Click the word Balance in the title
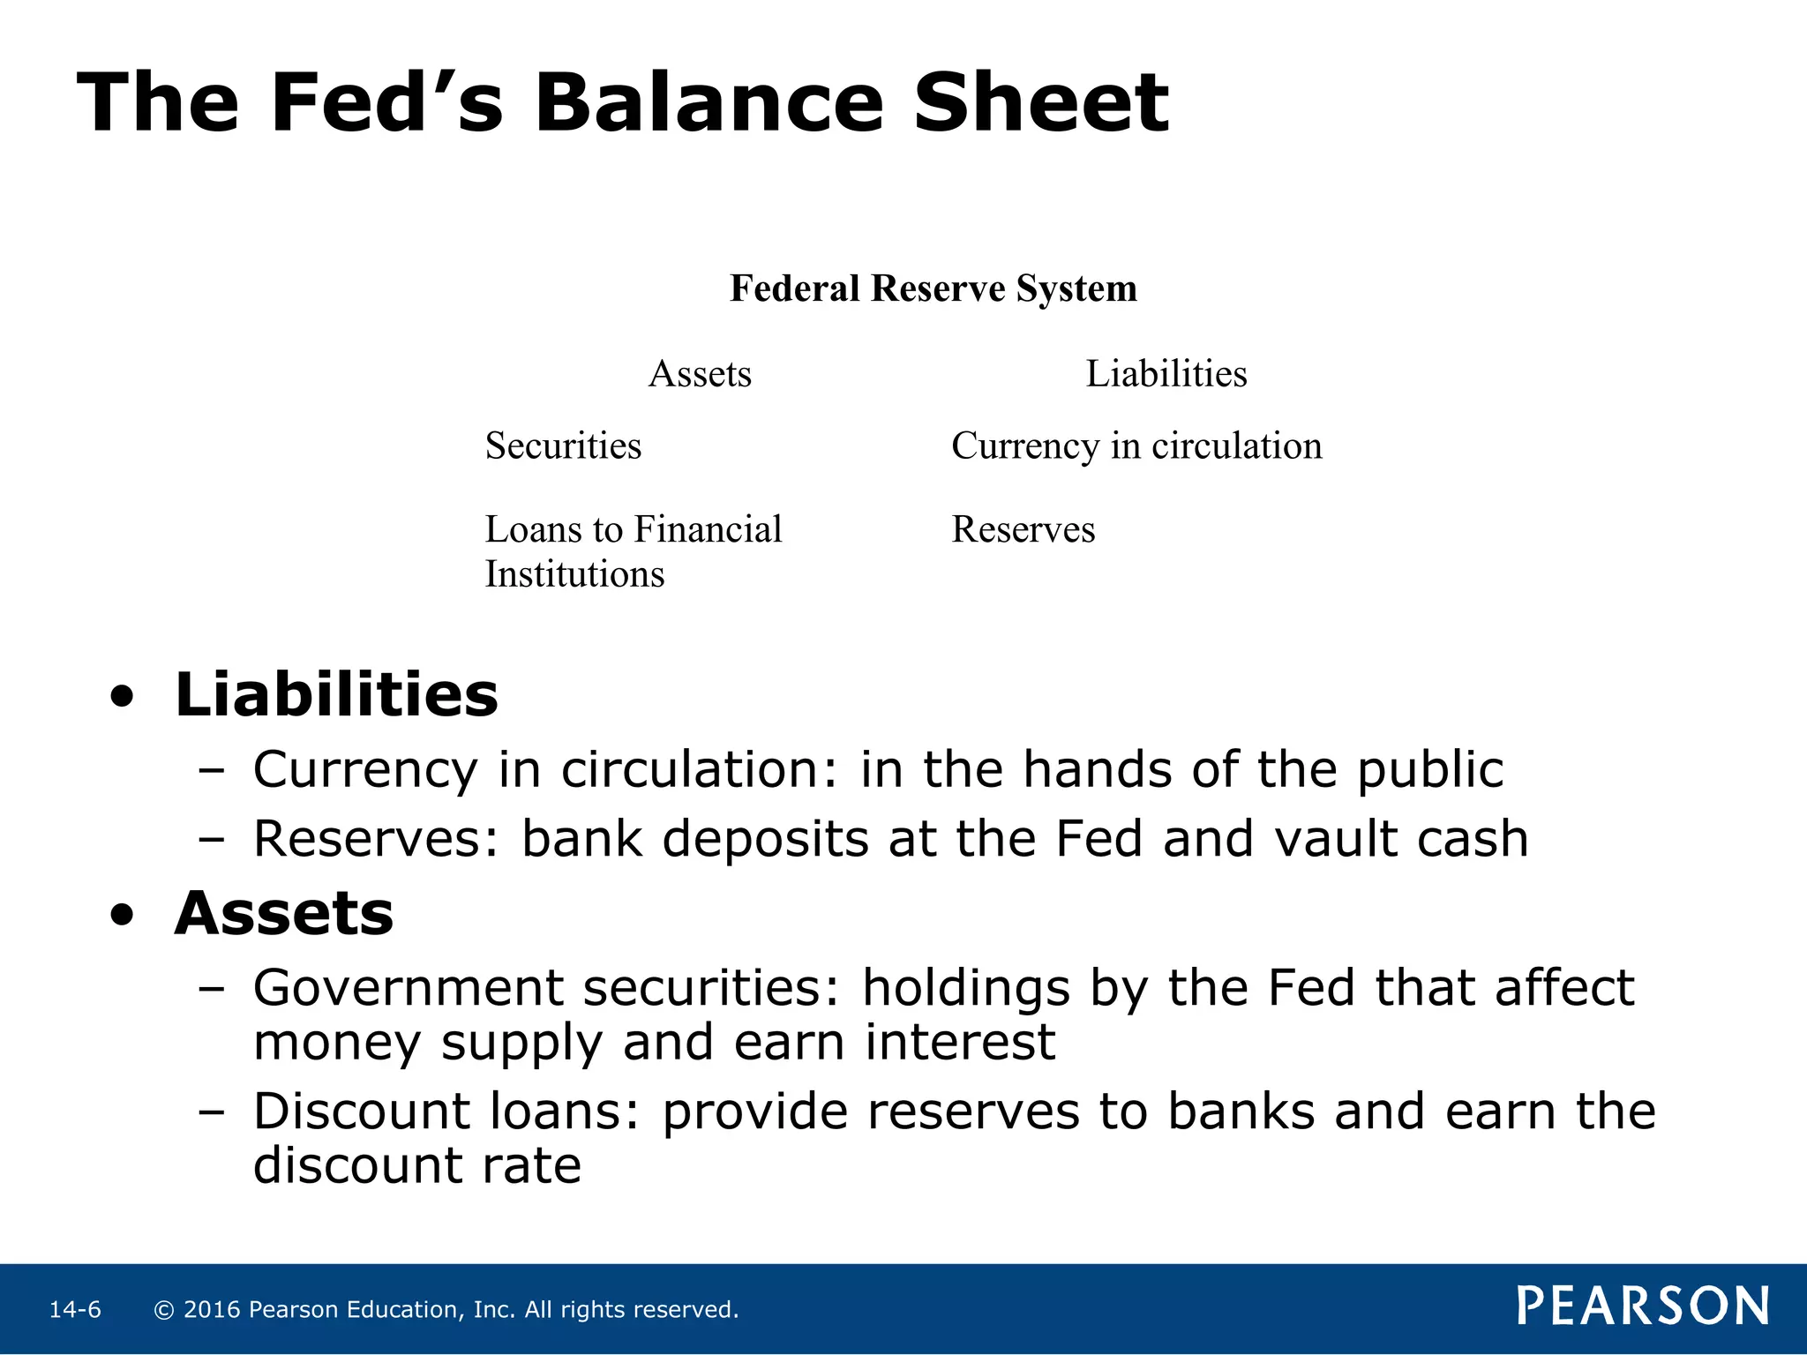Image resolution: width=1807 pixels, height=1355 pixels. [x=709, y=104]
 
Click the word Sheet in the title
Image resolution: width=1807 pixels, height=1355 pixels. [x=1040, y=104]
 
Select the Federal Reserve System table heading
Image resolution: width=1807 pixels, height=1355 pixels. [x=933, y=288]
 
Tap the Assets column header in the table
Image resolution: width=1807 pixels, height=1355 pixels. [x=700, y=374]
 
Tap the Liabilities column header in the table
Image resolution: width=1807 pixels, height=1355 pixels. [x=1166, y=374]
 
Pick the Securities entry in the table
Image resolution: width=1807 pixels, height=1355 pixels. [x=563, y=445]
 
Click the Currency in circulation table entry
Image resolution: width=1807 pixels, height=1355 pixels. [x=1136, y=445]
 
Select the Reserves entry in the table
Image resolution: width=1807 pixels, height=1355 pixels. [x=1023, y=529]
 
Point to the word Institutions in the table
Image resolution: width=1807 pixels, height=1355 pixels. [x=574, y=574]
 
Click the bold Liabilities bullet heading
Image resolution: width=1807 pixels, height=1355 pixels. [x=336, y=695]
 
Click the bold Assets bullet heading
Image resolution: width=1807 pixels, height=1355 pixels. [x=283, y=913]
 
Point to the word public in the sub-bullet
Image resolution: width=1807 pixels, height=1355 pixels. [x=1429, y=770]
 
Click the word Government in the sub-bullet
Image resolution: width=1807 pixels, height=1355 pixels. [x=408, y=987]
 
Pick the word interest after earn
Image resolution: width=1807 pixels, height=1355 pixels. [x=959, y=1042]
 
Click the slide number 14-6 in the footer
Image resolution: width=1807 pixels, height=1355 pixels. [x=75, y=1310]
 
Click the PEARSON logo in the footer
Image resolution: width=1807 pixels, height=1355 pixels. [x=1642, y=1306]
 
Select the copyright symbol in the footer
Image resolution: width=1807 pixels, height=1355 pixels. [x=163, y=1310]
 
